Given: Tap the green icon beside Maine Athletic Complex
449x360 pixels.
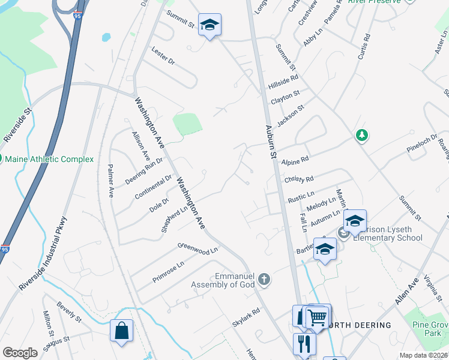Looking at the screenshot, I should click(x=2, y=159).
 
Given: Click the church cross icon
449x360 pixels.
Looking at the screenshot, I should click(x=265, y=280).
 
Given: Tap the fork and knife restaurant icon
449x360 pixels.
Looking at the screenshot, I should click(x=304, y=344).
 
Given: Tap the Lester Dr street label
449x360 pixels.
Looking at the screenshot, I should click(x=163, y=55).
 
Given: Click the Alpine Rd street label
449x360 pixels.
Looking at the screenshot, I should click(x=295, y=160).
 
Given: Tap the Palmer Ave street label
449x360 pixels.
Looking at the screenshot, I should click(x=111, y=181).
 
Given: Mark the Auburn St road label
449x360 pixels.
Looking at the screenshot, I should click(x=271, y=142).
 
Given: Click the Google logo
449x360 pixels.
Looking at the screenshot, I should click(x=20, y=353).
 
